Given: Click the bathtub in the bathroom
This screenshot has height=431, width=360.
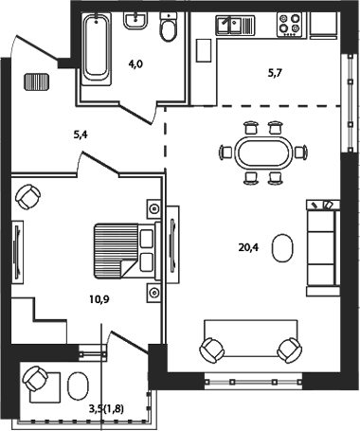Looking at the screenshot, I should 97,46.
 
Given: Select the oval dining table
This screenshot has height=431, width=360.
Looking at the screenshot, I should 263,152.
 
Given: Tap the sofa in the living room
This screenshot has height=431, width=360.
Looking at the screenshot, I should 321,245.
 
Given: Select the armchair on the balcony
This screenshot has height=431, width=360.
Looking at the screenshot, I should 37,380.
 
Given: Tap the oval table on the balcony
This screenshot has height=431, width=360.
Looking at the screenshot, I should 80,385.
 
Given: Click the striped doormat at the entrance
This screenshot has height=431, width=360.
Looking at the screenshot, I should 37,84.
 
